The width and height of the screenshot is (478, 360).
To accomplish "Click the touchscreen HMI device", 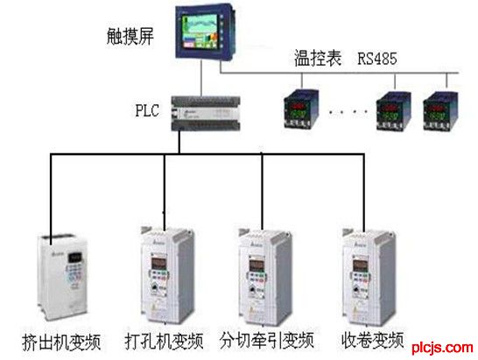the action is pos(206,32).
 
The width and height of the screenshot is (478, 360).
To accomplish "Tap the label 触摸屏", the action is pos(130,37).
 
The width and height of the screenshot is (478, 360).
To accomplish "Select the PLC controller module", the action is pos(206,114).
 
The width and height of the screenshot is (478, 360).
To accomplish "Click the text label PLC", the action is pos(147,110).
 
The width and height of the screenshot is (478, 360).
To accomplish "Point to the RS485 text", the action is pos(377,59).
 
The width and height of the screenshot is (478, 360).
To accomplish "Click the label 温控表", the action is pos(317,58).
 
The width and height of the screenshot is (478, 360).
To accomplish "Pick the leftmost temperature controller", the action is pos(301,109).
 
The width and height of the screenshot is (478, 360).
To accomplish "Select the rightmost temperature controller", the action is pos(440,111).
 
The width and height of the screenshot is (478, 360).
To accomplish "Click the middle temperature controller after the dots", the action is pos(393,111).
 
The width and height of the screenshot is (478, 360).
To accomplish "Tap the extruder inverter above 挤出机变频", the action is pos(62,277).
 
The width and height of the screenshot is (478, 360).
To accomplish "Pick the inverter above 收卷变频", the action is pos(369,277).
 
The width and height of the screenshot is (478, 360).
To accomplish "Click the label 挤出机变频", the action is pos(61,342).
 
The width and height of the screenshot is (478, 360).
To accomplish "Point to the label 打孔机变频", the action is pos(164,341).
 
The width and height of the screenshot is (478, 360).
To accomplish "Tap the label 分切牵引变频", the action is pos(267,340).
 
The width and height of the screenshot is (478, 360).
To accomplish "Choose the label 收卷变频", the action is pos(373,340).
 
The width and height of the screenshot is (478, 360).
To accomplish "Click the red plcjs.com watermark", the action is pos(442,348).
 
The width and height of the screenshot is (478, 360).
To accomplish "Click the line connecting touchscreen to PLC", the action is pos(201,78).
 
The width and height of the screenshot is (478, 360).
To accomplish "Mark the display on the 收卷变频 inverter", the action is pos(361,265).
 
